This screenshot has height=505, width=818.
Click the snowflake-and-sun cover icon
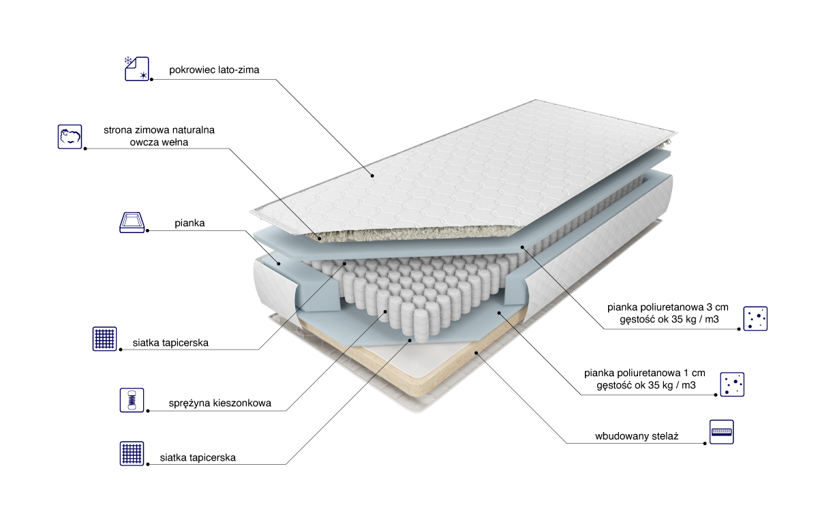point(137,69)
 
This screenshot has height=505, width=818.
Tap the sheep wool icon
point(70,137)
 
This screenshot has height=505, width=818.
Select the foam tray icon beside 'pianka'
point(132,222)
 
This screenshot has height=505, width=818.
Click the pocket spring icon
point(132,400)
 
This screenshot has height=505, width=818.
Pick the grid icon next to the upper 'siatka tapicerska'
point(104,339)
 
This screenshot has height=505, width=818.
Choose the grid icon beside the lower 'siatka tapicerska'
point(132,453)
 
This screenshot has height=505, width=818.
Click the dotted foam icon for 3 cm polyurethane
point(755,319)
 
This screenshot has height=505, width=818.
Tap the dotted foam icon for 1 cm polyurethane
point(732,384)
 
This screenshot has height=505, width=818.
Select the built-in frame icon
point(722,432)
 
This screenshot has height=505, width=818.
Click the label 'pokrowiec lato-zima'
point(214,70)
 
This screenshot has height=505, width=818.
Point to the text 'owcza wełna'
point(159,142)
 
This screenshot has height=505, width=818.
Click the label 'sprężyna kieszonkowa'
point(219,403)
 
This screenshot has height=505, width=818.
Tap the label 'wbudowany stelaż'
point(637,436)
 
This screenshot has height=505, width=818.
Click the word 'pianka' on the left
point(190,223)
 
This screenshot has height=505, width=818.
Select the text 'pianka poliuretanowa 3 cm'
point(668,307)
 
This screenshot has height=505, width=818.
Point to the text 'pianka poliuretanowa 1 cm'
point(645,373)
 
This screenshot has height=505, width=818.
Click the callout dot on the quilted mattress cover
point(372,176)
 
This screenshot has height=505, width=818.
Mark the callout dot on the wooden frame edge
point(476,353)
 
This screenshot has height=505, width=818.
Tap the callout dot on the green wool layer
point(320,239)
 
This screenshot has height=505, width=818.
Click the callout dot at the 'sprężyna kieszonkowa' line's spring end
point(385,311)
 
